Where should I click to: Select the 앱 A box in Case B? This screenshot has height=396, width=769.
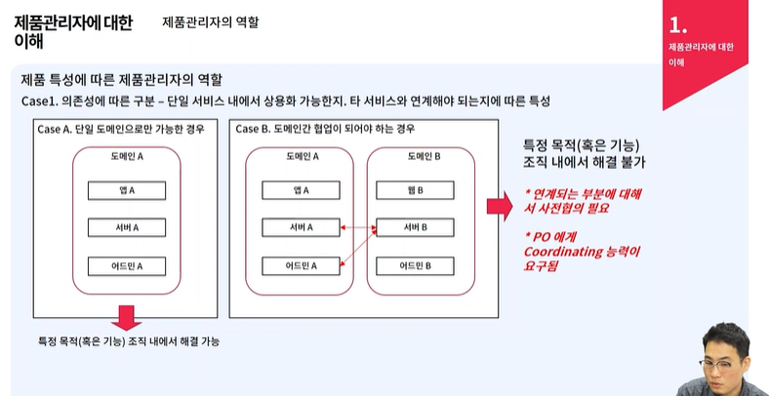click(x=300, y=190)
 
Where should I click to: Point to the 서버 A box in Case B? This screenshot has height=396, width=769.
click(x=300, y=227)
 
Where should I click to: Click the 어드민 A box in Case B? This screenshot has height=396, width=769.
click(x=300, y=264)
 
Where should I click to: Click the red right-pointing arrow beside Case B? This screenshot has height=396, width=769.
click(x=500, y=207)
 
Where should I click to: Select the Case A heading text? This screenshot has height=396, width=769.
click(x=121, y=129)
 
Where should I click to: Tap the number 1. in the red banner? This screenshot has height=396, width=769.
click(x=679, y=23)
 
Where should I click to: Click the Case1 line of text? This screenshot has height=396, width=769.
click(x=286, y=100)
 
